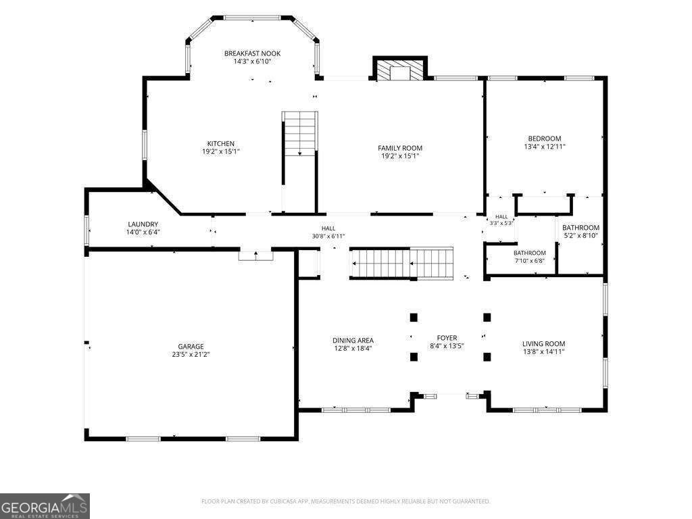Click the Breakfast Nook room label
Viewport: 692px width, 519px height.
252,53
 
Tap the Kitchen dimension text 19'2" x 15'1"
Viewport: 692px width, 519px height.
221,151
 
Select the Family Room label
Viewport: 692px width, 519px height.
400,148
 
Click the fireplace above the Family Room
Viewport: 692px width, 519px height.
400,68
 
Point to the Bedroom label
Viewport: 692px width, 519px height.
545,138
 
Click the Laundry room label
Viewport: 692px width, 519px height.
143,224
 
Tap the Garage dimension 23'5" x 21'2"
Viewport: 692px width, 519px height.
191,354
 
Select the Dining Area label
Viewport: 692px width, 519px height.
353,341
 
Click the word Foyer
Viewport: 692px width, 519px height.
447,338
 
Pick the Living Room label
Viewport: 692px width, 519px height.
544,344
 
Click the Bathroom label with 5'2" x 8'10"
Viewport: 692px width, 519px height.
580,228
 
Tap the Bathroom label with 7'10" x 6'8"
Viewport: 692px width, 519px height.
530,253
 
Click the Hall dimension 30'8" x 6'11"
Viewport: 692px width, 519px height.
328,236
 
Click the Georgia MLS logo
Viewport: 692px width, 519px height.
45,505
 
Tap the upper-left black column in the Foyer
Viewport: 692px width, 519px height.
414,317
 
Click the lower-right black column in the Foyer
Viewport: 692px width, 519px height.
487,357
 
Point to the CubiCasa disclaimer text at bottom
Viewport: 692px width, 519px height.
345,501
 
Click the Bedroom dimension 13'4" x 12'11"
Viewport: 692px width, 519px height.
545,147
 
